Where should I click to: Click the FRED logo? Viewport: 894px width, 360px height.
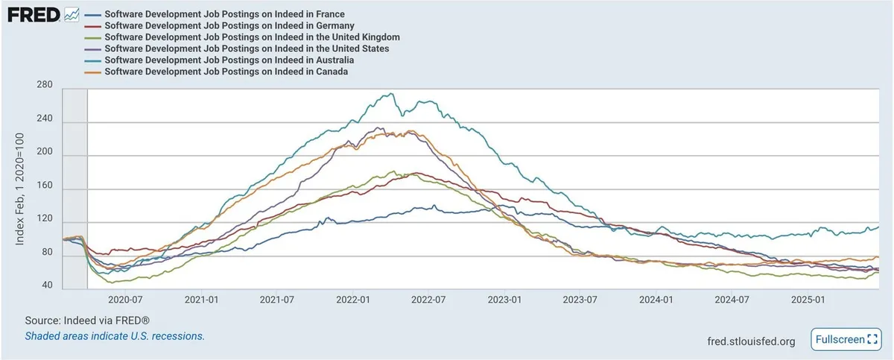click(x=34, y=14)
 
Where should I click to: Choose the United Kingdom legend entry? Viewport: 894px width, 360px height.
click(x=253, y=37)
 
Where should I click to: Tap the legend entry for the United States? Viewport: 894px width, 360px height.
click(x=247, y=48)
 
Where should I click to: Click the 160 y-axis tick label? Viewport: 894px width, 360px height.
click(x=44, y=189)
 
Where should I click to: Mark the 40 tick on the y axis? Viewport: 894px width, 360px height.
click(x=47, y=286)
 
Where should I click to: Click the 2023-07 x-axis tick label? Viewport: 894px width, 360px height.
click(x=582, y=300)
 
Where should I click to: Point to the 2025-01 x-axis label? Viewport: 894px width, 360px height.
click(x=810, y=300)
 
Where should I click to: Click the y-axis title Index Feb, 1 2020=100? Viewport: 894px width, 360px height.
click(x=20, y=189)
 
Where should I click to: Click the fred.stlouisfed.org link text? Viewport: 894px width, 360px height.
click(x=751, y=341)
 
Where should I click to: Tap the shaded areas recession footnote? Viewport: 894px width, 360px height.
click(x=115, y=336)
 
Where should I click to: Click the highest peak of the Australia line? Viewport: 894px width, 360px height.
click(x=392, y=94)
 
